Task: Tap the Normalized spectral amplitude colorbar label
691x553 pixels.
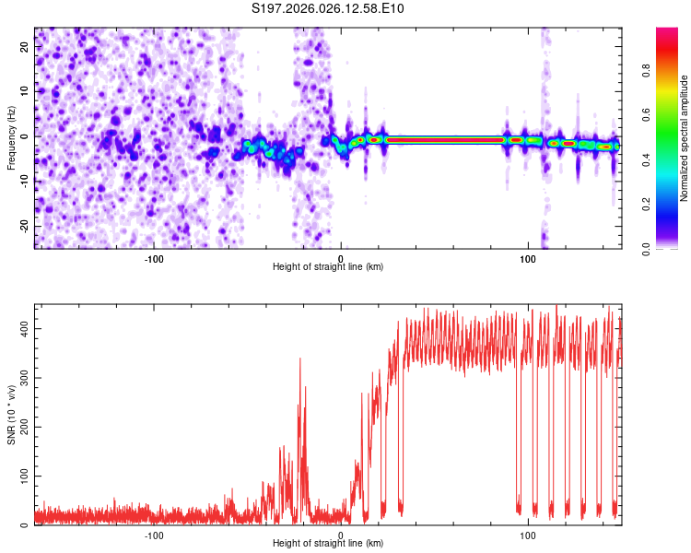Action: [x=685, y=138]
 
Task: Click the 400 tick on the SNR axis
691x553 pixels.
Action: [x=22, y=329]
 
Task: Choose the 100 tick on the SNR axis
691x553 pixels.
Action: [x=22, y=476]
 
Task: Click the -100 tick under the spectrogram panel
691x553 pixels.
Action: [x=154, y=259]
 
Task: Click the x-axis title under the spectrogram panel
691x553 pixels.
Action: [x=328, y=267]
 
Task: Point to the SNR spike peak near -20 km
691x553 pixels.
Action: [x=300, y=359]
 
